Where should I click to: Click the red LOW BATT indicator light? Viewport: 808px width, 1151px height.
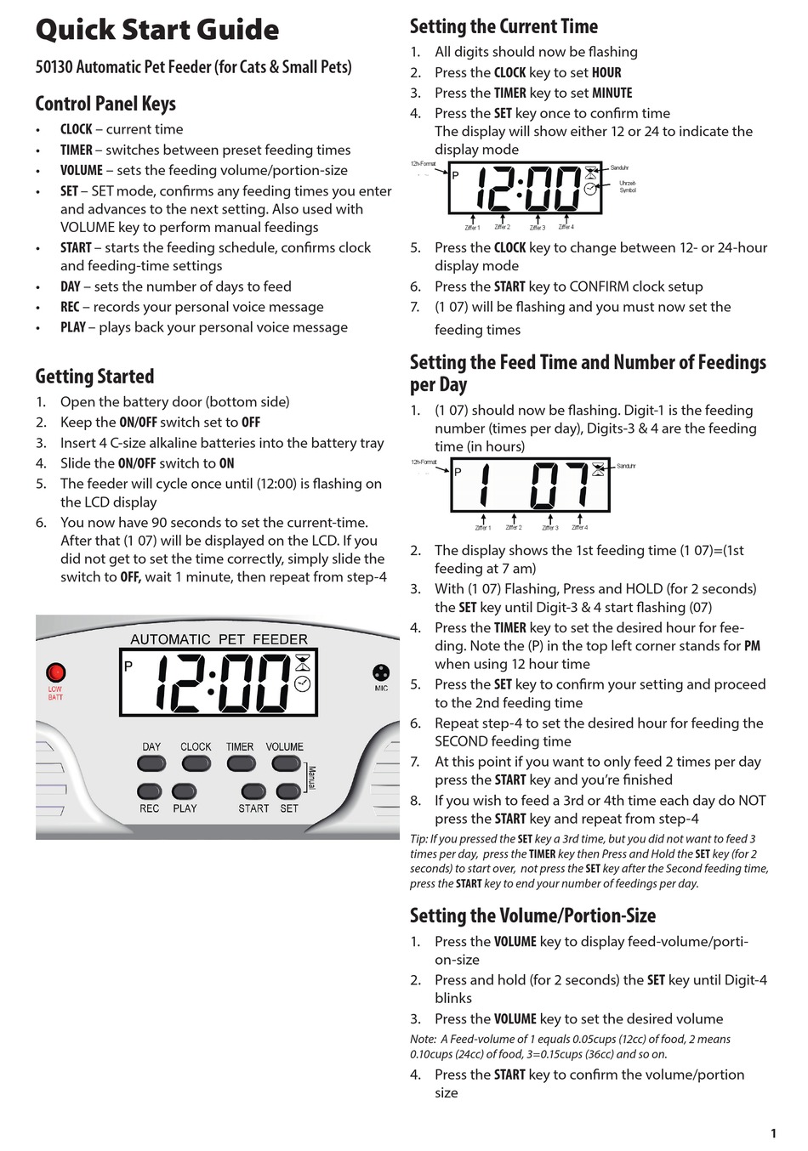pos(56,672)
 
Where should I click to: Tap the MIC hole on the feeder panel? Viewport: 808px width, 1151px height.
pos(380,672)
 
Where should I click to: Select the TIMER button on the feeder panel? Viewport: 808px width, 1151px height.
pos(240,763)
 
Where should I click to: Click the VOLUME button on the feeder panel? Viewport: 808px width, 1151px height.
pos(286,763)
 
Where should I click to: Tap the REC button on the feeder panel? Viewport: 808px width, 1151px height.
pos(150,791)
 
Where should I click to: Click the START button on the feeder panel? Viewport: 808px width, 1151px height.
pos(253,791)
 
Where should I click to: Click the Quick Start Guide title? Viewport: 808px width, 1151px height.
pos(157,30)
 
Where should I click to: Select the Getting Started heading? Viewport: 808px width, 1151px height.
pos(94,377)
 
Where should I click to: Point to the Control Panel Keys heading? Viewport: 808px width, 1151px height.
pos(105,104)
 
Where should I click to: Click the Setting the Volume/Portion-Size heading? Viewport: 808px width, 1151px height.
pos(532,916)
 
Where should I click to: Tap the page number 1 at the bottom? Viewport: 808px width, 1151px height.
pos(773,1133)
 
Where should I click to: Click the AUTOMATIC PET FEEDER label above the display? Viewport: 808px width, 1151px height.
pos(219,639)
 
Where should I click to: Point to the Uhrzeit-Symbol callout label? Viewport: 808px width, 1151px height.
pos(627,187)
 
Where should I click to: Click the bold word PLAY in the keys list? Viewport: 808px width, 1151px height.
pos(73,327)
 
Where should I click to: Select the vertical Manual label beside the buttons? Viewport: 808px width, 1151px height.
pos(312,778)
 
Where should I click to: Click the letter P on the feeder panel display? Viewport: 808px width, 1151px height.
pos(128,666)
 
